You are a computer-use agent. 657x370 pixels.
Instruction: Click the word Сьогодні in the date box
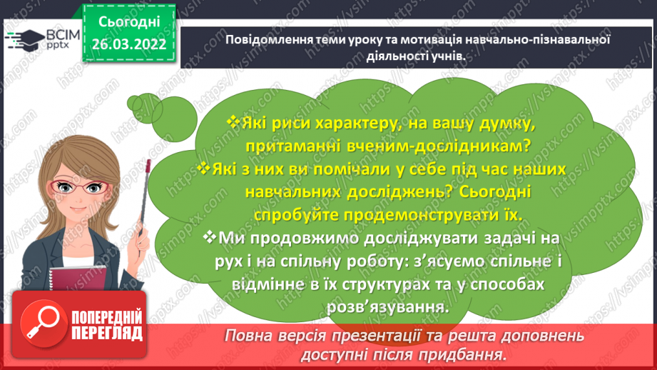click(129, 22)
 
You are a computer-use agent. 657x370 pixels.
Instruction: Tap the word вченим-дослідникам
click(421, 146)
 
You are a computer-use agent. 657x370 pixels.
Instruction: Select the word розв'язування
click(385, 306)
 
